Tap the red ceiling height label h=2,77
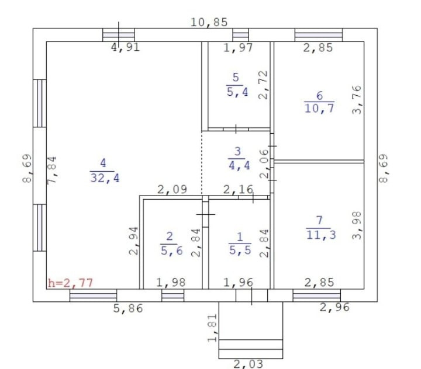pyautogui.click(x=70, y=283)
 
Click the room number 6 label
pyautogui.click(x=319, y=96)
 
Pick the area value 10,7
pyautogui.click(x=319, y=108)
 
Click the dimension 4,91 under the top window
pyautogui.click(x=125, y=48)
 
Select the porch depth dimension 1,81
pyautogui.click(x=213, y=327)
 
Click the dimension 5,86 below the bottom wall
pyautogui.click(x=128, y=309)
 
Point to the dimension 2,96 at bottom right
pyautogui.click(x=335, y=307)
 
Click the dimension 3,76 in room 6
pyautogui.click(x=357, y=100)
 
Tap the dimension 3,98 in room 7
pyautogui.click(x=357, y=225)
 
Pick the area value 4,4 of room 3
pyautogui.click(x=239, y=165)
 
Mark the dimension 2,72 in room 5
pyautogui.click(x=264, y=85)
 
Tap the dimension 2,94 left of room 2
pyautogui.click(x=133, y=241)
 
